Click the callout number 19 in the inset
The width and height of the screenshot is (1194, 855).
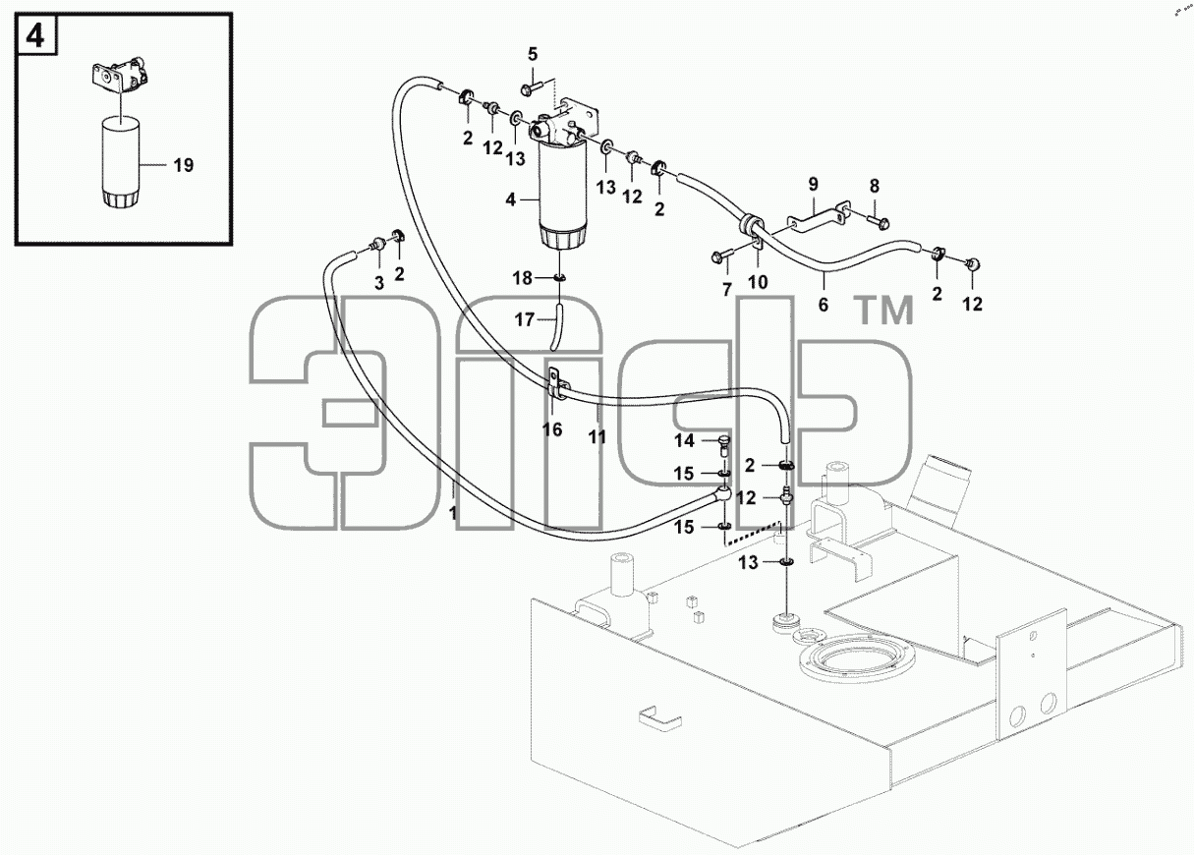coord(184,165)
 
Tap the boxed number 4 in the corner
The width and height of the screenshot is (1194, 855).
coord(35,35)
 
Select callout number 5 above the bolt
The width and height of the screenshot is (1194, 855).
coord(533,54)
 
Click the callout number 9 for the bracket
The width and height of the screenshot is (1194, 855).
coord(813,185)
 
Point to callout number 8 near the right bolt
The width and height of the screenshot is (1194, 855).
coord(875,186)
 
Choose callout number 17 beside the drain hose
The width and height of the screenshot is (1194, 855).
coord(525,319)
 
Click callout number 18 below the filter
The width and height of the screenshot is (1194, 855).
coord(523,278)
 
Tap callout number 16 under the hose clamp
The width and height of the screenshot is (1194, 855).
coord(552,429)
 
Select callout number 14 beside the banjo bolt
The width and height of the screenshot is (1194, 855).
coord(684,441)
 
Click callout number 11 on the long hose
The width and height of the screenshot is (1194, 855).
coord(597,437)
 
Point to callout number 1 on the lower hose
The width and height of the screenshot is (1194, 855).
coord(453,513)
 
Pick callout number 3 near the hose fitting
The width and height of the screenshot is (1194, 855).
coord(379,283)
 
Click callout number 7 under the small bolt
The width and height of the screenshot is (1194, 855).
coord(727,290)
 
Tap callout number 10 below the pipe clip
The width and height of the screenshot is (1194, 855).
coord(758,282)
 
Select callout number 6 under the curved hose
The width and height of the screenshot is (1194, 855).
coord(824,305)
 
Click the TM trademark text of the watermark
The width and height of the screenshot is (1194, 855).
coord(884,311)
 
